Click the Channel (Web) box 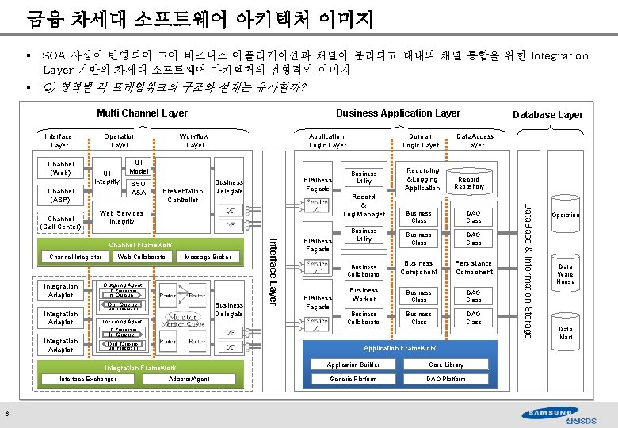tap(61, 169)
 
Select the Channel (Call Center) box tap(61, 223)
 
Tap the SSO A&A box tap(139, 188)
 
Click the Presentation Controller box tap(182, 194)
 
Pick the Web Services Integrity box tap(122, 216)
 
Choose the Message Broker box tap(208, 257)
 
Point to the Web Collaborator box tap(143, 257)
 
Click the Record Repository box tap(468, 183)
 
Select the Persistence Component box tap(474, 268)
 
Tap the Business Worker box tap(364, 294)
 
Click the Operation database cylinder tap(565, 215)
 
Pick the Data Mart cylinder tap(565, 332)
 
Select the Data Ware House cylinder tap(565, 274)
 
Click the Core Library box tap(446, 365)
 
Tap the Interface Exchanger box tap(88, 379)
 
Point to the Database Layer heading tap(547, 115)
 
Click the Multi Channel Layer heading tap(142, 113)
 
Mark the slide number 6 tap(7, 411)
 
